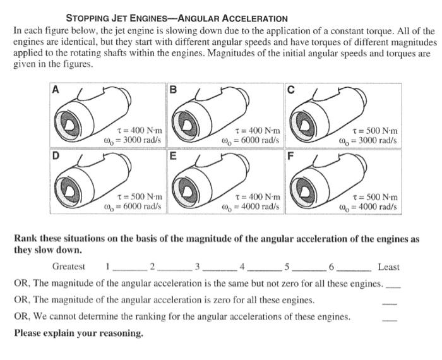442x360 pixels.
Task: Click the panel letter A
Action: pos(56,90)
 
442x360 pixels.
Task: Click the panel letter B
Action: pos(173,90)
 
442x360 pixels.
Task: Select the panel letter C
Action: pos(290,90)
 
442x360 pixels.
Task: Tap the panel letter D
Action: pos(56,153)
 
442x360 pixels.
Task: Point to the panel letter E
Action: pos(173,153)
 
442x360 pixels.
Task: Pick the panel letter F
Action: pos(290,153)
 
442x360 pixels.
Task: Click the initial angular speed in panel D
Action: pos(133,206)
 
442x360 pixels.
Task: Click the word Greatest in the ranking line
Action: pos(69,267)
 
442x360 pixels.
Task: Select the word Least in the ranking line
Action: pos(388,267)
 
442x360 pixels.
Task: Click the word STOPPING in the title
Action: pos(87,18)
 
